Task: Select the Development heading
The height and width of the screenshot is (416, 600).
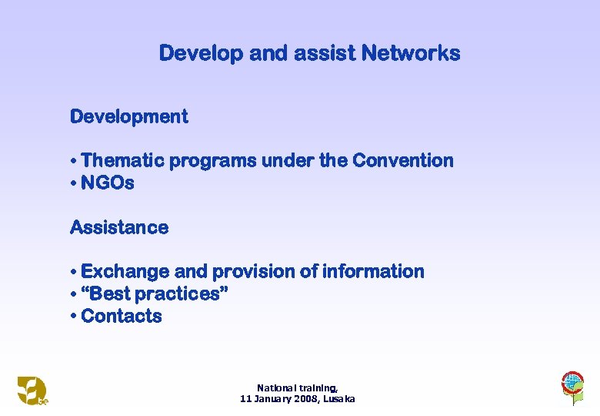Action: [128, 116]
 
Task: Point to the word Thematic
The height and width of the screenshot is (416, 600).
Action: [122, 160]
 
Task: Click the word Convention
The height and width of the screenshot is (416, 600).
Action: [403, 160]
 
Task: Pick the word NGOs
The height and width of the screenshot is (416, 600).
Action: [107, 183]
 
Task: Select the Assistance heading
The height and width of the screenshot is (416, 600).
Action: [119, 227]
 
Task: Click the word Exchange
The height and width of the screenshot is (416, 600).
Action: [125, 271]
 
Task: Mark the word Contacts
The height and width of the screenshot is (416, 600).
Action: [121, 316]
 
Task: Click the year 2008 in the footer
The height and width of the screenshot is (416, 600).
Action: [298, 399]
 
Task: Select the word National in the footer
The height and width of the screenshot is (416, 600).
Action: [275, 388]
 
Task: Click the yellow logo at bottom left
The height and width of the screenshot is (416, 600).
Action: [33, 390]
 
